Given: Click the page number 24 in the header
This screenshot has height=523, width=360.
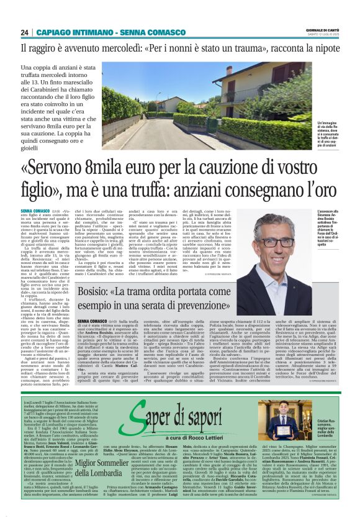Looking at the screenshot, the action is tap(25, 32).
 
